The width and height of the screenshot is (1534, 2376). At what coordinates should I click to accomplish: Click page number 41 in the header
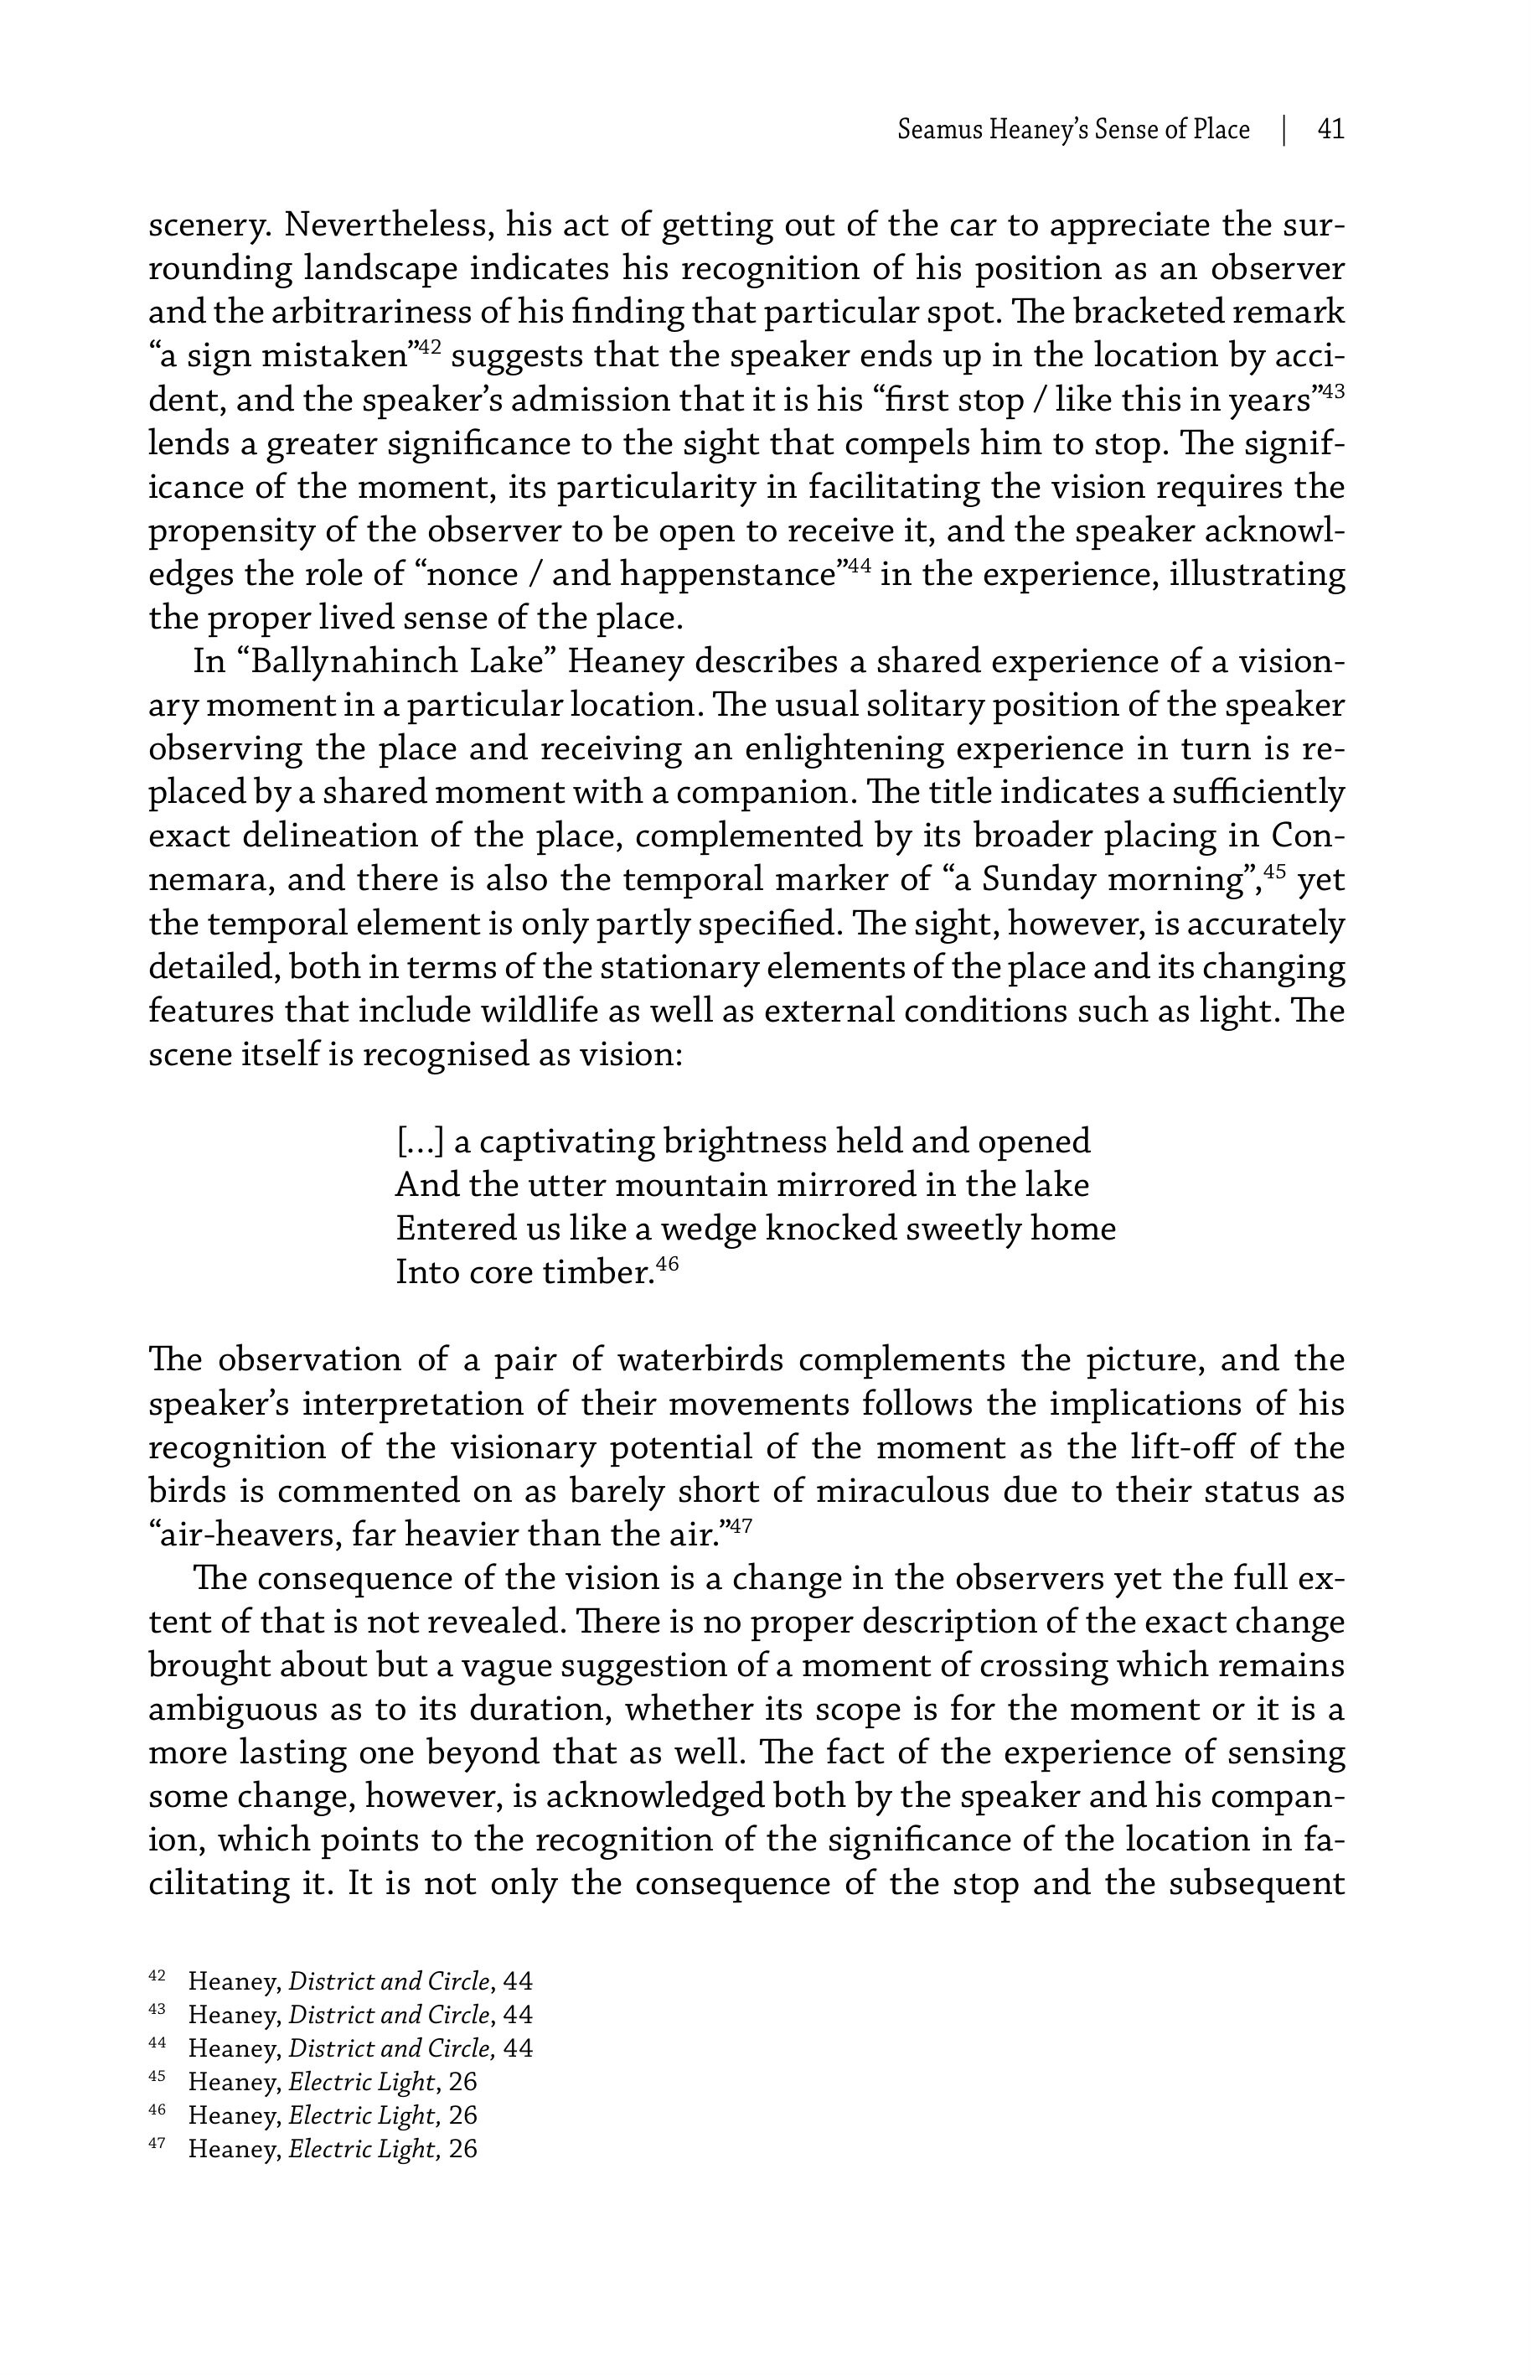click(x=1330, y=130)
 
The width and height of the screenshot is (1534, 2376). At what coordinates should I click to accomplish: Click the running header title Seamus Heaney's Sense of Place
click(x=1073, y=130)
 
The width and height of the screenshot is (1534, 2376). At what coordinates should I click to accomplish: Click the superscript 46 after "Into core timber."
click(x=668, y=1266)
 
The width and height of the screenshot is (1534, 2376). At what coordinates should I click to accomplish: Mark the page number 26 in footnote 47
click(x=463, y=2148)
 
